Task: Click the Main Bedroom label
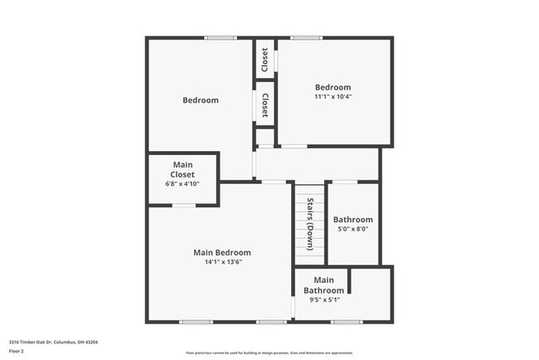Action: tap(222, 252)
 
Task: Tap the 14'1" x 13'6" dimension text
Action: tap(222, 262)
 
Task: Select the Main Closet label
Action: tap(182, 170)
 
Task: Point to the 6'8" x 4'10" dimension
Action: tap(182, 183)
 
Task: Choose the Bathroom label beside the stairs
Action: tap(353, 220)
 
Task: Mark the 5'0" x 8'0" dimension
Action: tap(353, 230)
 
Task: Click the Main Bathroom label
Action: tap(323, 285)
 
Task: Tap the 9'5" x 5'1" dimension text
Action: tap(323, 300)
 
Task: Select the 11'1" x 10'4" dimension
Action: tap(333, 97)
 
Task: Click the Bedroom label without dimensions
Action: tap(201, 100)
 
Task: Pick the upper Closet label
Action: tap(265, 59)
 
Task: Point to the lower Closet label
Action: tap(265, 105)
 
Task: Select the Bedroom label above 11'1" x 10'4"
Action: tap(333, 87)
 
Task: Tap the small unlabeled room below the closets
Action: tap(265, 137)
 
